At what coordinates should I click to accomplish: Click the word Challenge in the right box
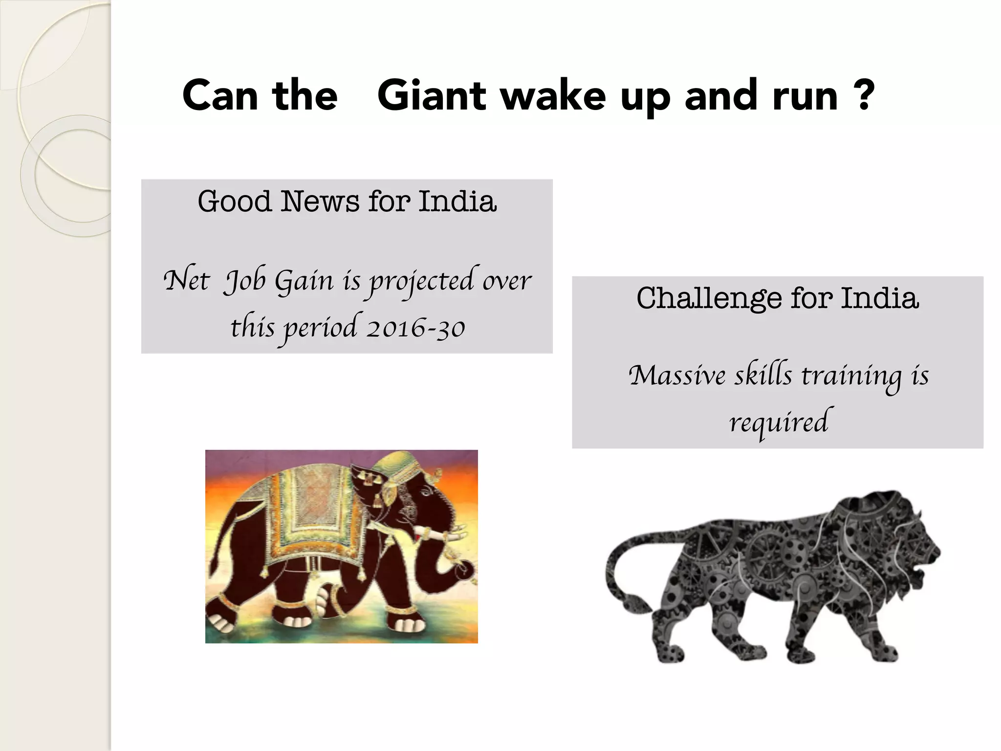coord(709,298)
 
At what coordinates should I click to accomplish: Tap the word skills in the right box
coord(763,375)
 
